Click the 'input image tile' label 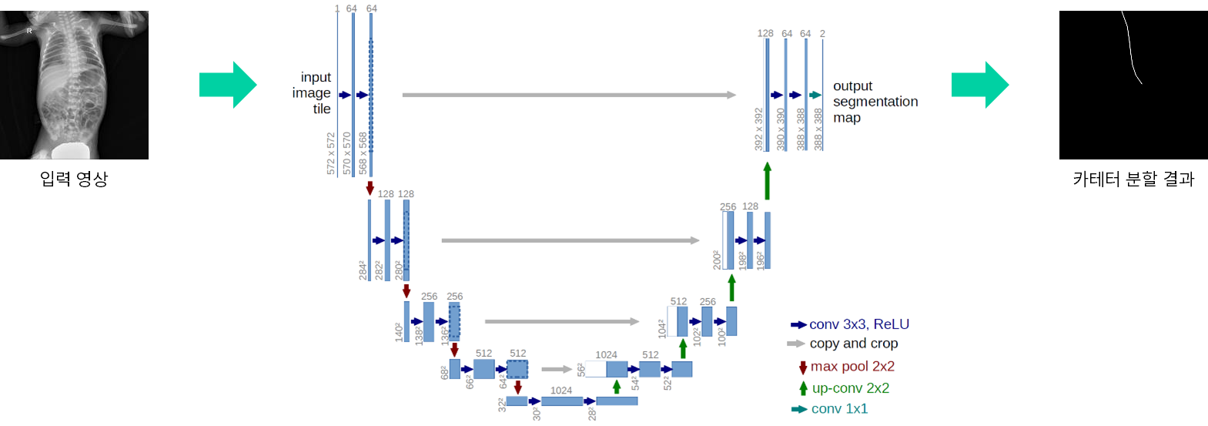pos(312,93)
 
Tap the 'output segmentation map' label pos(875,102)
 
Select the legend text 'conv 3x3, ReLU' pos(858,324)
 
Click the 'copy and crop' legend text pos(853,344)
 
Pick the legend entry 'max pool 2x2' pos(852,367)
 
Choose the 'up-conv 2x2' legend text pos(850,388)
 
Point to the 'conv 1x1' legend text pos(839,409)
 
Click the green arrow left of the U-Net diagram pos(228,85)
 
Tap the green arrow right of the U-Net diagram pos(980,85)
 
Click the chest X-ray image pos(74,85)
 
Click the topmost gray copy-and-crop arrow pos(568,95)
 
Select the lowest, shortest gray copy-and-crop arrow pos(556,369)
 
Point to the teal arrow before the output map pos(815,95)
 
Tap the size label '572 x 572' pos(331,153)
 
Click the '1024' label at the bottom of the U pos(561,391)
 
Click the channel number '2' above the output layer pos(822,34)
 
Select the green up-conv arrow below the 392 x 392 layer pos(767,180)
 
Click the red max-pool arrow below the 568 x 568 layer pos(370,188)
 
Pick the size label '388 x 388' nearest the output pos(818,129)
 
